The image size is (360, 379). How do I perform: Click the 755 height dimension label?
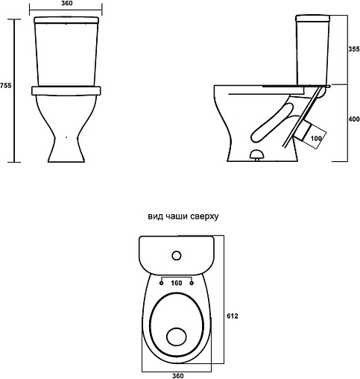coord(5,85)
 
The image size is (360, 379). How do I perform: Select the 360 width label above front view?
coord(67,3)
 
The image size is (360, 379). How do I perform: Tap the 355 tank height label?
coord(354,49)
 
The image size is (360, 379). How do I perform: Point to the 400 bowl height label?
coord(354,119)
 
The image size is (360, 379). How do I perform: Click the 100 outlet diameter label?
coord(316,138)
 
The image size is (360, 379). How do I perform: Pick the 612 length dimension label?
coord(233,316)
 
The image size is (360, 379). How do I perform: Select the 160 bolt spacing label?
coord(177,283)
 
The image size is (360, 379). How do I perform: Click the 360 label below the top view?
coord(178,375)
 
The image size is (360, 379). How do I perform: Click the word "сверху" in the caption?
coord(204,216)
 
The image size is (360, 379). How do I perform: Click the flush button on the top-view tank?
coord(177,255)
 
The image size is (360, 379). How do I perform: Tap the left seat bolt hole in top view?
coord(162,283)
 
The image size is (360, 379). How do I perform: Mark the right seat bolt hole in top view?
coord(192,283)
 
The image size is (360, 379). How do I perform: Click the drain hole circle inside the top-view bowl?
coord(177,337)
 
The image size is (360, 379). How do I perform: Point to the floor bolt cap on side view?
coord(256,154)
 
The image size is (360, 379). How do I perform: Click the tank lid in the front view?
coord(66,20)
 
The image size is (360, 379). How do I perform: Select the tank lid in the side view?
coord(312,18)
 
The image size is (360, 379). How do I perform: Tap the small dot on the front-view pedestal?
coord(66,137)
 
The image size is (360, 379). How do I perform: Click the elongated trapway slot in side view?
coord(272,123)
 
